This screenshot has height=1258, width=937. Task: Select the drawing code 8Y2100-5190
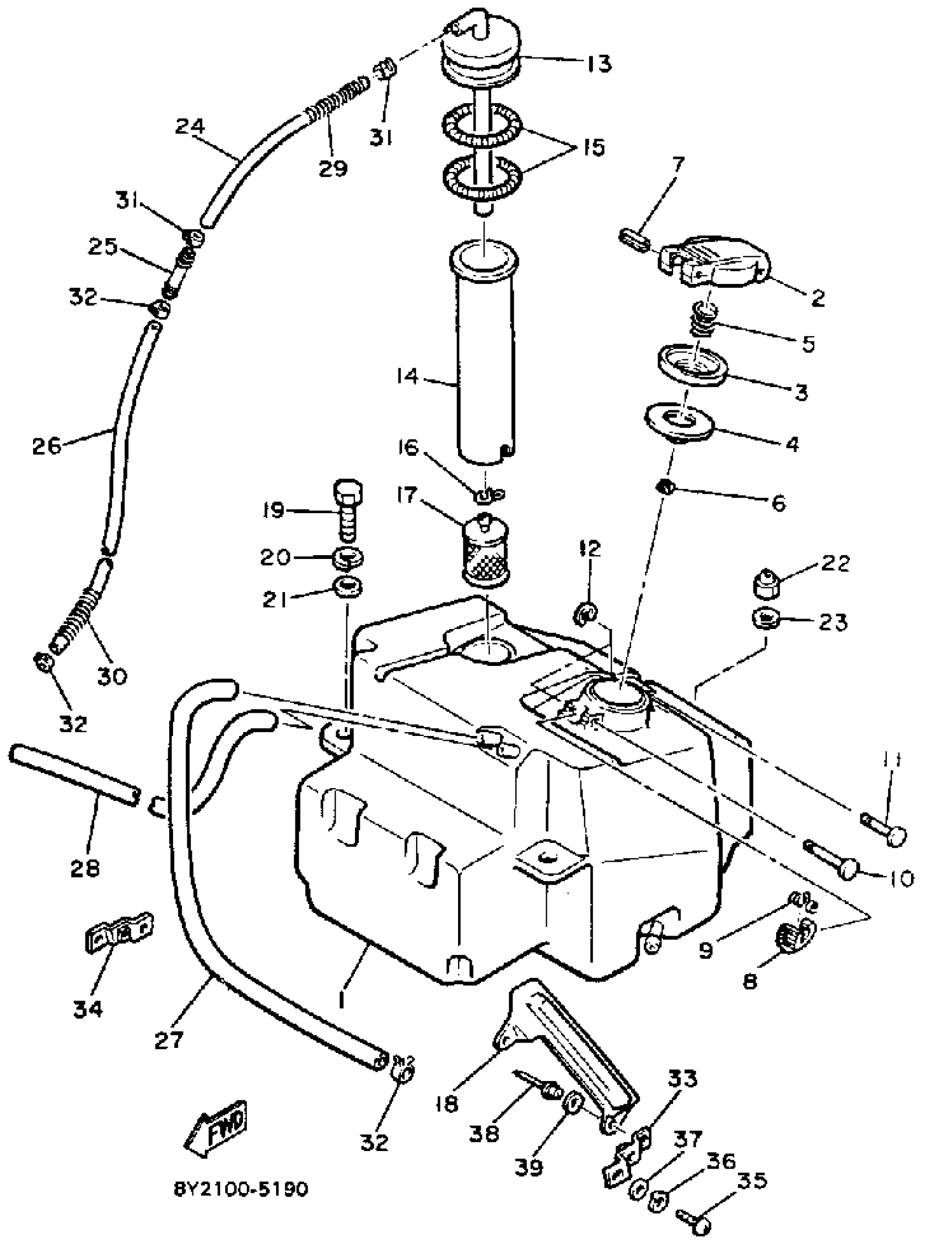tap(240, 1189)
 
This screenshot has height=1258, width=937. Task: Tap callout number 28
tap(85, 867)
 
